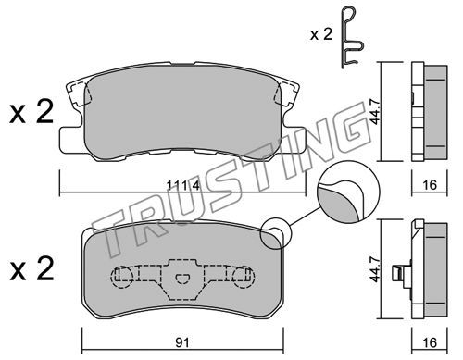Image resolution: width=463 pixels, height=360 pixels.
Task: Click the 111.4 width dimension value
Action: [183, 185]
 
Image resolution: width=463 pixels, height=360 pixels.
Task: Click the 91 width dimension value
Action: [182, 342]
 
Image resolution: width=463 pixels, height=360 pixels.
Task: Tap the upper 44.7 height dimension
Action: [375, 111]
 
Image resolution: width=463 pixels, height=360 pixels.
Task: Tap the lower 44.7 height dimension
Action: [375, 268]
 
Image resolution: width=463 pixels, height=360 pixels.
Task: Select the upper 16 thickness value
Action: [430, 185]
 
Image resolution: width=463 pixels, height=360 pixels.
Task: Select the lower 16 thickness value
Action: [430, 342]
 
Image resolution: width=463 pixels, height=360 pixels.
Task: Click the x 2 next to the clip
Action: [321, 34]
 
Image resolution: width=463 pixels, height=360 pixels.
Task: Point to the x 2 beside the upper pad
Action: [31, 112]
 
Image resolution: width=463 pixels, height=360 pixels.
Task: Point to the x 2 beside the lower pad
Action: [31, 269]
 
